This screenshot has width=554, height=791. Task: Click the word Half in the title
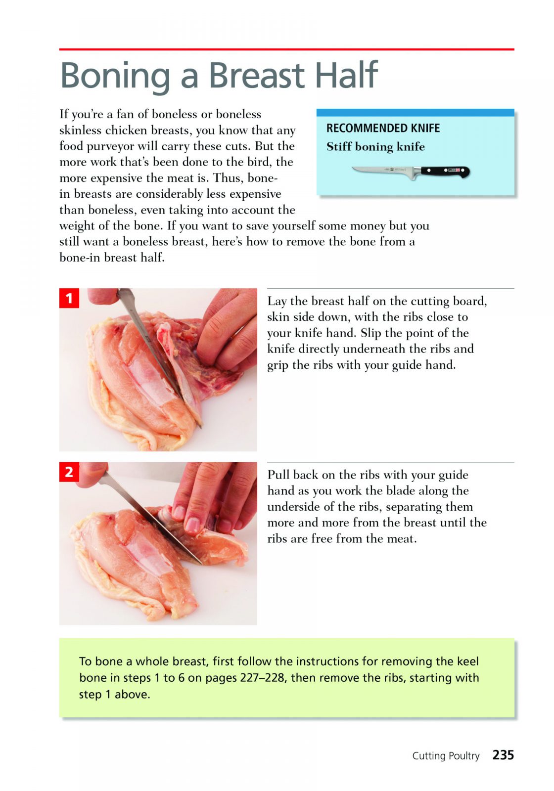click(346, 75)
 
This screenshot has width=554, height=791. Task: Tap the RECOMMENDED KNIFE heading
click(383, 128)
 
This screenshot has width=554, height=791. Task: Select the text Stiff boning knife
click(375, 146)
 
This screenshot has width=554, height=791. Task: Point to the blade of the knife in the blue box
click(383, 171)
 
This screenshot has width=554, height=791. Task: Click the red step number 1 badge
click(69, 298)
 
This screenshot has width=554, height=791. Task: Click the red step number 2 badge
click(69, 472)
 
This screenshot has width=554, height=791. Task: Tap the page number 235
click(503, 754)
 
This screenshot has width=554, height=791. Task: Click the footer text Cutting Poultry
click(446, 756)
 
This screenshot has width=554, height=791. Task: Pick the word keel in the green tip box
click(468, 661)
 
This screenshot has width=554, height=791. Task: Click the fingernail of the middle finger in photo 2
click(192, 525)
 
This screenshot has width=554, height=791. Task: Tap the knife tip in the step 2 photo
click(201, 564)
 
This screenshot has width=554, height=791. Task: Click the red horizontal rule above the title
click(286, 49)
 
